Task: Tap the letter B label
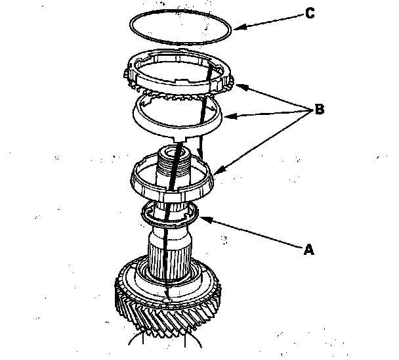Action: [320, 110]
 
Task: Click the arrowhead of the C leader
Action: [236, 27]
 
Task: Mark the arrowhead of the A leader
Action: [201, 218]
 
